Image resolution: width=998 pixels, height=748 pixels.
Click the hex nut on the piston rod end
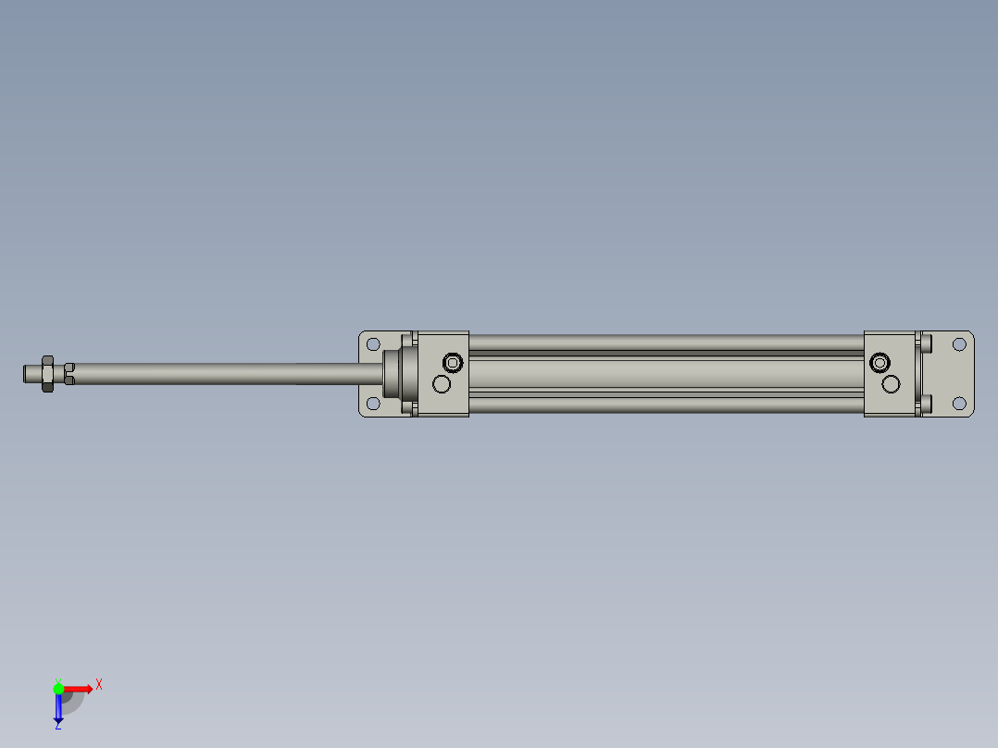(x=47, y=373)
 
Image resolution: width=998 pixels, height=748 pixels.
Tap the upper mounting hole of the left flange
(x=373, y=344)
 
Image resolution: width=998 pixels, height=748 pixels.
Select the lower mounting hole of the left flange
(x=373, y=404)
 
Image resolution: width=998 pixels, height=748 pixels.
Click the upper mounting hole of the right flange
(x=959, y=344)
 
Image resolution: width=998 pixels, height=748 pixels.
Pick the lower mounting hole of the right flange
(x=959, y=403)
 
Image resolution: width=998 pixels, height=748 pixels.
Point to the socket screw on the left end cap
(x=453, y=361)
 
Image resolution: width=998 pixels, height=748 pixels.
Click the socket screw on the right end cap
(x=879, y=361)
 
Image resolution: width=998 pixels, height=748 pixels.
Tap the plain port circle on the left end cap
(x=442, y=384)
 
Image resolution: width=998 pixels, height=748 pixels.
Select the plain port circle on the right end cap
(x=892, y=383)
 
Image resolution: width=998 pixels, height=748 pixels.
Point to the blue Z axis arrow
(x=58, y=709)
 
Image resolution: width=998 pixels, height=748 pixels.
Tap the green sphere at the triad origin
(x=58, y=689)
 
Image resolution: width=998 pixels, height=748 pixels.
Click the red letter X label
(x=99, y=684)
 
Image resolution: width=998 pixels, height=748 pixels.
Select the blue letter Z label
(x=57, y=726)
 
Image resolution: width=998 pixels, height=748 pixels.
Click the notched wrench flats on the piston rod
(x=69, y=373)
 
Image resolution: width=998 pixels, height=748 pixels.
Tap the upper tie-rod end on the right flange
(x=927, y=343)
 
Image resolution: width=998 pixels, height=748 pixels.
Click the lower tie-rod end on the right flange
(x=927, y=403)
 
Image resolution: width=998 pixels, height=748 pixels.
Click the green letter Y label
(x=57, y=679)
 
